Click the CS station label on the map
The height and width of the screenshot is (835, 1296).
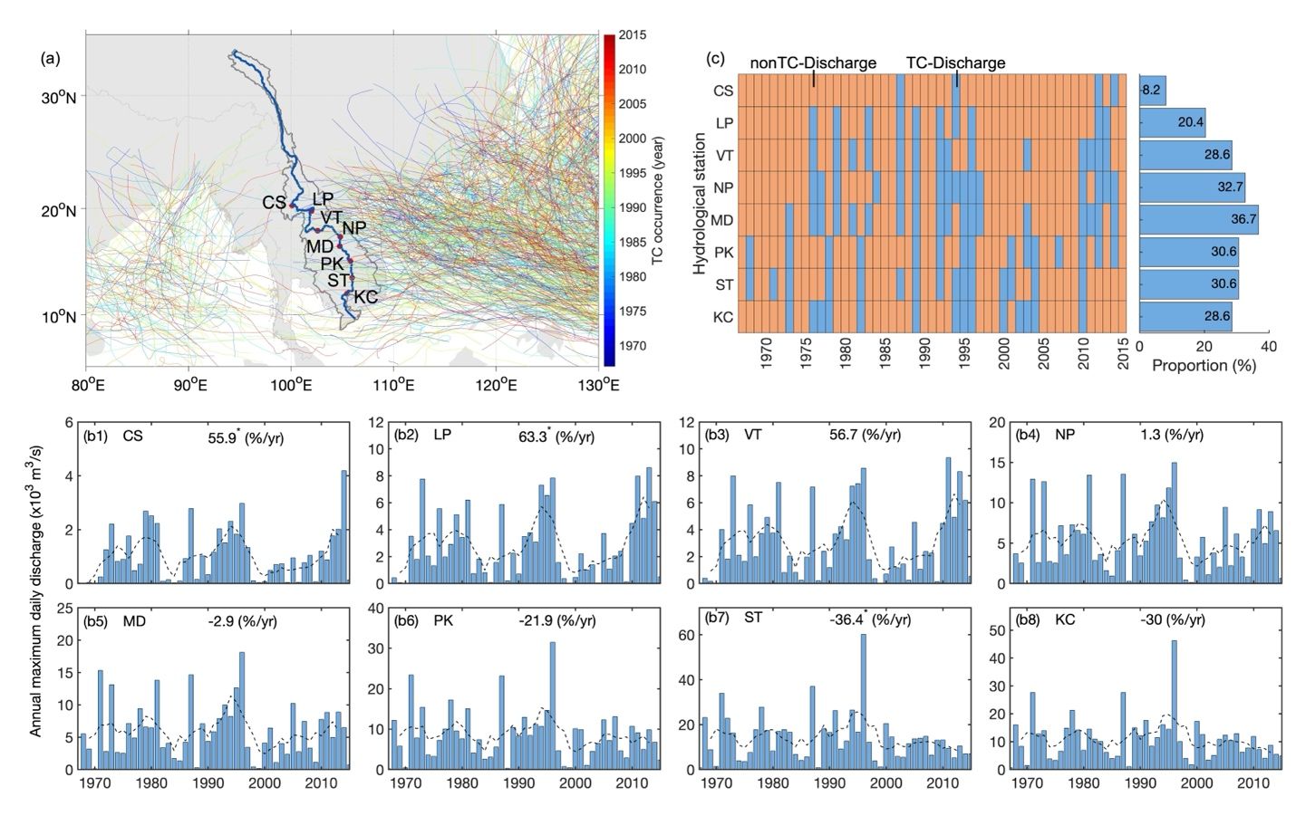point(274,203)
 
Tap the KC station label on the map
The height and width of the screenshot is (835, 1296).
point(365,297)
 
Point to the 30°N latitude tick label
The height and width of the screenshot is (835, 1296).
point(59,97)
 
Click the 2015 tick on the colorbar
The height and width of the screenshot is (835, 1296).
point(632,35)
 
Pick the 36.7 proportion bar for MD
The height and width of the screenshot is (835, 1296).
point(1198,220)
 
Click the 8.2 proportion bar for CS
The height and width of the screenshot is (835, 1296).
point(1152,91)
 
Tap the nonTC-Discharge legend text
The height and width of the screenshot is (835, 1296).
point(812,63)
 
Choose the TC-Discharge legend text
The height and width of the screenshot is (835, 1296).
point(955,63)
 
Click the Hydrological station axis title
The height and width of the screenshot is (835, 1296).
point(699,204)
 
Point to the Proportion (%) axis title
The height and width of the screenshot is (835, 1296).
point(1204,366)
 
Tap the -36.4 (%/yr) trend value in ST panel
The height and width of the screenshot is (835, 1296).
point(869,620)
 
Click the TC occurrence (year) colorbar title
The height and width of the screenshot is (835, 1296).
point(659,199)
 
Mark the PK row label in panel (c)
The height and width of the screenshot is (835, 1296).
point(723,253)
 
